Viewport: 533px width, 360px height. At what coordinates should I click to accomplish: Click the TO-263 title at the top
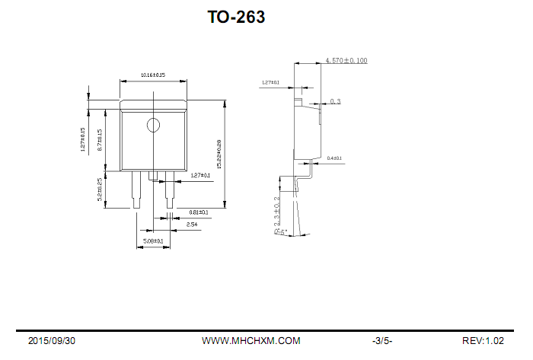coord(236,17)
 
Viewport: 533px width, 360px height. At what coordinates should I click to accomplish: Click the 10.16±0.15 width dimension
coord(153,75)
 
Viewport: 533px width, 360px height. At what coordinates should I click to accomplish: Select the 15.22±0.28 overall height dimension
coord(219,154)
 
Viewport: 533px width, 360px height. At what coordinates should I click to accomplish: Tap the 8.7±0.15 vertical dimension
coord(101,141)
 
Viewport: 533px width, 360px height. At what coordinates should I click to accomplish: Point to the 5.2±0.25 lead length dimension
coord(101,189)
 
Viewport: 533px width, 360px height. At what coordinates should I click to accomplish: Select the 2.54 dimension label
coord(192,225)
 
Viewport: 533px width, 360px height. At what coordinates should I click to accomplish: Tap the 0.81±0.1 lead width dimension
coord(198,212)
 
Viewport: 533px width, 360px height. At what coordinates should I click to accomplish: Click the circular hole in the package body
coord(154,125)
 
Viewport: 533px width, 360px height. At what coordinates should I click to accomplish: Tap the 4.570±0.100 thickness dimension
coord(346,59)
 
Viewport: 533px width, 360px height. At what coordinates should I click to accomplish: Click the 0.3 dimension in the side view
coord(335,101)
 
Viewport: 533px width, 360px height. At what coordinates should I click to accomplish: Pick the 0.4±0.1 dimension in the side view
coord(334,158)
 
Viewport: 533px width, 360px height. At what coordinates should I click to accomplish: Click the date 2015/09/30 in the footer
coord(52,341)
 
